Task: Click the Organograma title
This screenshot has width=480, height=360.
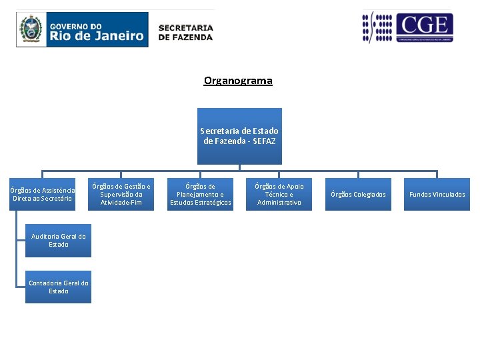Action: pos(238,81)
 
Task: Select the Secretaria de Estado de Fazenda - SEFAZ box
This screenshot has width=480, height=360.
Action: pos(239,136)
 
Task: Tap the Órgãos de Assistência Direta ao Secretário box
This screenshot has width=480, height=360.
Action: pos(43,194)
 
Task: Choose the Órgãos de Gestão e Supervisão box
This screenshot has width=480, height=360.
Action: pos(121,194)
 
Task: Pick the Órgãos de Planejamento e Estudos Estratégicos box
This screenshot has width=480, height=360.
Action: pos(200,194)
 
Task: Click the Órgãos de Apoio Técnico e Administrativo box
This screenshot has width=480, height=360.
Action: pos(279,194)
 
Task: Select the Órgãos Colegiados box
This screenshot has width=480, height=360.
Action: pos(358,194)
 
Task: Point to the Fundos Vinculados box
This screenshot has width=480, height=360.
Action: pos(437,194)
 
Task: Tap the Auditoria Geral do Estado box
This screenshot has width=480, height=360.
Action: pos(58,241)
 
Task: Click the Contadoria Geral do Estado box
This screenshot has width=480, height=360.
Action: pos(58,287)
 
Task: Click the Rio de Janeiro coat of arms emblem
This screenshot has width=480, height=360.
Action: pos(30,29)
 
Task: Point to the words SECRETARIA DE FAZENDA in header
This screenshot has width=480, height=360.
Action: pos(185,32)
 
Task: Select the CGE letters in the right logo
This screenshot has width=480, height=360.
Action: pos(424,25)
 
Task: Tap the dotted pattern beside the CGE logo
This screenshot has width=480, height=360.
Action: pos(377,28)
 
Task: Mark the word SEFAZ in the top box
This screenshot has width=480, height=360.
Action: pos(265,141)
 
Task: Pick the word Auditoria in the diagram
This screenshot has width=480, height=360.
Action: pos(45,237)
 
